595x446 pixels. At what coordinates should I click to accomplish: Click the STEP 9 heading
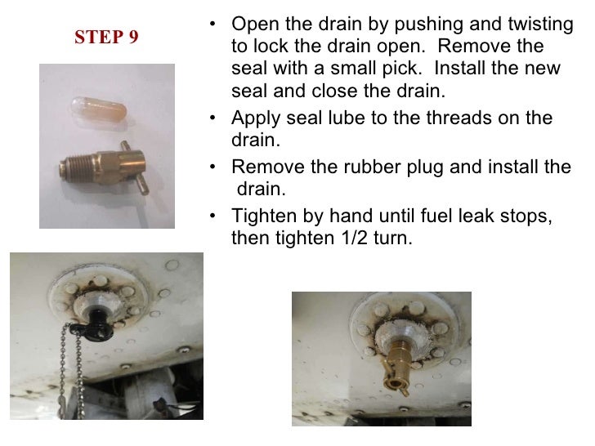click(106, 38)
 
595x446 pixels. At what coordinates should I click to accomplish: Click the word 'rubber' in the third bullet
click(387, 167)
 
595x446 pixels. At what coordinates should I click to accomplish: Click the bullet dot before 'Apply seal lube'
click(213, 118)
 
